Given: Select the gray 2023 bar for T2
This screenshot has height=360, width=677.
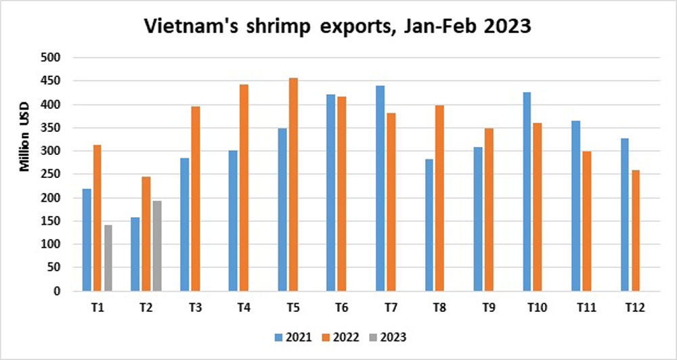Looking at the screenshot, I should pos(156,246).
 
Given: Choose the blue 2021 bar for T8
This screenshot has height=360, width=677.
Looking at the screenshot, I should pos(429,225).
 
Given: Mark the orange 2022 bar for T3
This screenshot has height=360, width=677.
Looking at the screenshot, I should pos(195,199).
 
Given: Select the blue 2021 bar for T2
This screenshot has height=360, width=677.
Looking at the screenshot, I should pos(135,254).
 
